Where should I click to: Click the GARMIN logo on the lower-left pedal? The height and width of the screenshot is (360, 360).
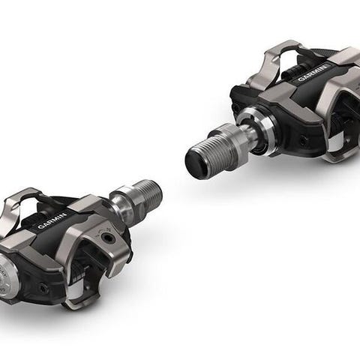[52, 220]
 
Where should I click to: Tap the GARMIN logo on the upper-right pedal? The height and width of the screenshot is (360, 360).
[313, 73]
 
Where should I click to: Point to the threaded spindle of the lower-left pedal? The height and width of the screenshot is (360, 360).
[150, 196]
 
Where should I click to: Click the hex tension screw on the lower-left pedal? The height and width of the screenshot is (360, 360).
[108, 237]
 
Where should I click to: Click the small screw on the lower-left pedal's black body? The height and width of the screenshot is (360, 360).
[44, 289]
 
